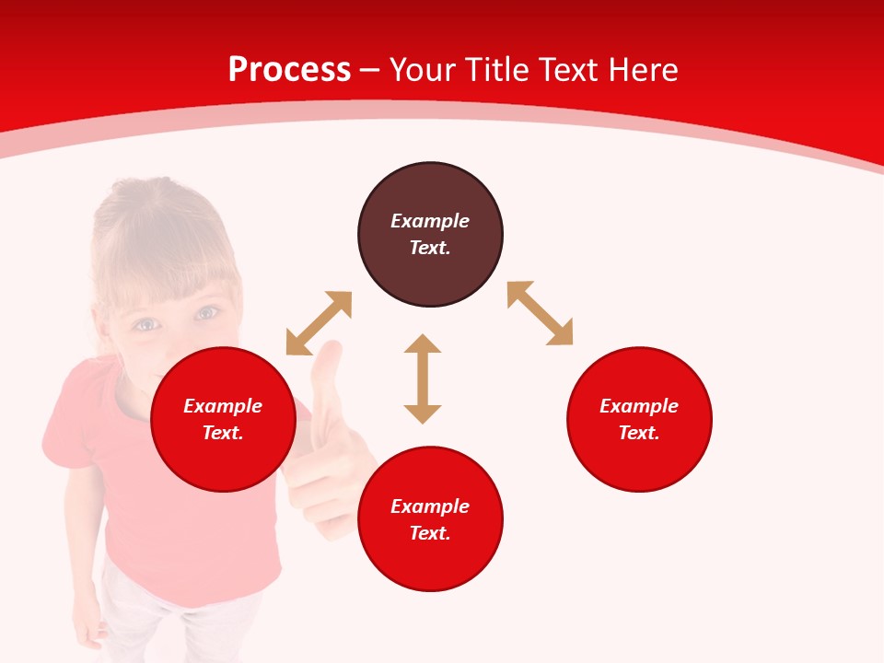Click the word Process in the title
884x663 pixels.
[289, 70]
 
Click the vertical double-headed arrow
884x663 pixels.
[423, 378]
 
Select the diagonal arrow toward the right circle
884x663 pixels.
[540, 313]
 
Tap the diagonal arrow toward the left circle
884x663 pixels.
[319, 323]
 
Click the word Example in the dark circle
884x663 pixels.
[430, 221]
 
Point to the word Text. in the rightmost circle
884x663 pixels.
[639, 433]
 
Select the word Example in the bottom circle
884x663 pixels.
[430, 506]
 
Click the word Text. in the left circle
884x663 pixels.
[223, 433]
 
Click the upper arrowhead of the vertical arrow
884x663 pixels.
[423, 344]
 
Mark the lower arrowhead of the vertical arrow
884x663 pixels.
[423, 413]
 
